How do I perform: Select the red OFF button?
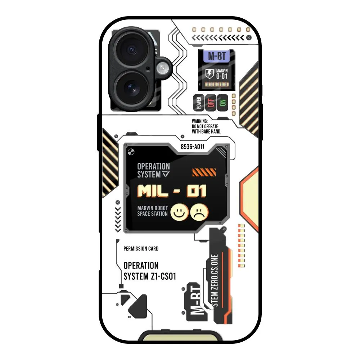tap(211, 103)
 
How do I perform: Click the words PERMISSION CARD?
tap(141, 249)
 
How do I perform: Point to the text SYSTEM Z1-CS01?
tap(149, 276)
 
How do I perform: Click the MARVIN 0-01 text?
tap(222, 74)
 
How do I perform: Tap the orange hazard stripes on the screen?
tap(204, 172)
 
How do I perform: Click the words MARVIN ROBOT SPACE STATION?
tap(152, 211)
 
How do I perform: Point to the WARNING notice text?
tap(206, 127)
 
